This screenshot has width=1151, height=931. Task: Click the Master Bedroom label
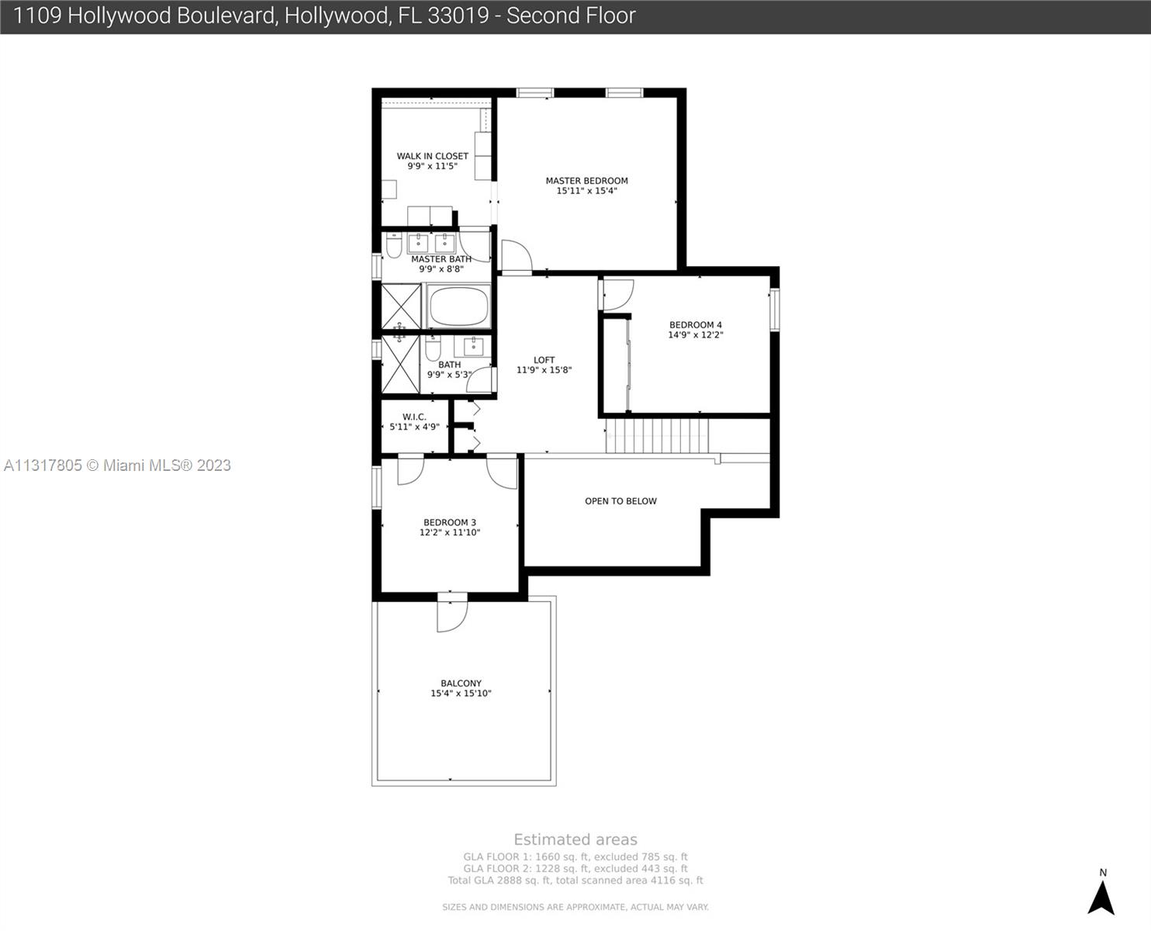coord(586,181)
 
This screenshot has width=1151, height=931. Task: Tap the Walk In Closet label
coord(432,156)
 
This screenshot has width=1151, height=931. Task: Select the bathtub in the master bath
coord(458,307)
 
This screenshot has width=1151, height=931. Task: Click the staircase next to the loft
coord(656,436)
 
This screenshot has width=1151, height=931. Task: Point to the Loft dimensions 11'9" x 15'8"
coord(544,370)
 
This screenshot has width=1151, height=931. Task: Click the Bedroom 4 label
coord(696,325)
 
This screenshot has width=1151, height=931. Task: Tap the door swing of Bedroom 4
coord(618,294)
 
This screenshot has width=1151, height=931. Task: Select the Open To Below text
coord(620,501)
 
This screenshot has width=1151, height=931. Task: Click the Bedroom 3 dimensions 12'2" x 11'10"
coord(450,532)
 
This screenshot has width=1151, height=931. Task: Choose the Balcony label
coord(461,684)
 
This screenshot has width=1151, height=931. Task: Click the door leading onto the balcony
coord(451,614)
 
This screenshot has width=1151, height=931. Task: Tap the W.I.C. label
coord(414,417)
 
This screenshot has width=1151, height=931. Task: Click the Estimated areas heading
coord(575,839)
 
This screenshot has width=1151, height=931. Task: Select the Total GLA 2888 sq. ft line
coord(575,881)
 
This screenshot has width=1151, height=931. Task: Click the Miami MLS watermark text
coord(117,465)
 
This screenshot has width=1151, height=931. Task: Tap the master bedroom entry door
coord(515,257)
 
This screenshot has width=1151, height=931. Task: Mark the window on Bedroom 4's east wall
coord(774,310)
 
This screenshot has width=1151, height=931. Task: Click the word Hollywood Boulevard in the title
coord(172,16)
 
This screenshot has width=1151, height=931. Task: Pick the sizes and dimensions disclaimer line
coord(575,907)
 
